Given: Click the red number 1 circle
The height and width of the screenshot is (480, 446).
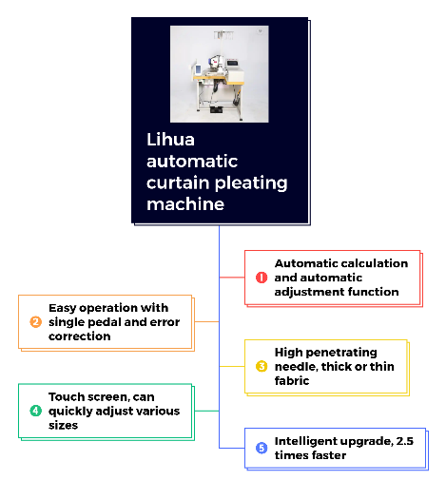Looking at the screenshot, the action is (262, 278).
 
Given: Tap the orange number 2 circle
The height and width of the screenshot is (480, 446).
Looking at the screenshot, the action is (35, 322).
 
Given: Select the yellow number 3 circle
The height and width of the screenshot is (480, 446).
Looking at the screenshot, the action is (262, 366).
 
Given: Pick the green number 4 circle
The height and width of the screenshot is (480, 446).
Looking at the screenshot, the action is (35, 411).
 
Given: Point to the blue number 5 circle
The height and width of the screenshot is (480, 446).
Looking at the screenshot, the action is (262, 448).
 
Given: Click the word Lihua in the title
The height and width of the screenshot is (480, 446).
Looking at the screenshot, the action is (170, 140).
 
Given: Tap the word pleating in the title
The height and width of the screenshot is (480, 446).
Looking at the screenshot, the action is (253, 183).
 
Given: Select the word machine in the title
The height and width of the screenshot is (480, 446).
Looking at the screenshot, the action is (185, 204).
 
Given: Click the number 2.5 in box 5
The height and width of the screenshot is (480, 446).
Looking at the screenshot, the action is (405, 441).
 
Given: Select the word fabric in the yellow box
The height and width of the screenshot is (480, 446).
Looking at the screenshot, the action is (292, 380).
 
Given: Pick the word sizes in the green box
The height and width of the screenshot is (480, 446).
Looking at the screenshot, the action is (63, 425).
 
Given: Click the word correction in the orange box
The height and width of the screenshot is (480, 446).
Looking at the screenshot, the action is (80, 336).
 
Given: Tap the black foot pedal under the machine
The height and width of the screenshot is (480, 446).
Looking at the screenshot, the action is (217, 110).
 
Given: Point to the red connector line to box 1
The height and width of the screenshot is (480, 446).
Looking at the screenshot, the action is (232, 278).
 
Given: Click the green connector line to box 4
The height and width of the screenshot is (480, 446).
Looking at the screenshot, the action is (206, 411).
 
